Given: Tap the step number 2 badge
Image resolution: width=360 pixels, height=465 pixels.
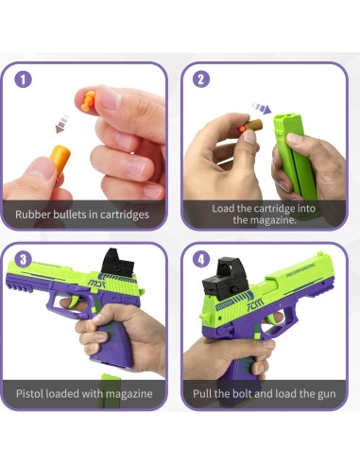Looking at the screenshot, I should pos(200,79).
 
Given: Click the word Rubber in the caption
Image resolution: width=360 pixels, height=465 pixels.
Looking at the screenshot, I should pos(36,215).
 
